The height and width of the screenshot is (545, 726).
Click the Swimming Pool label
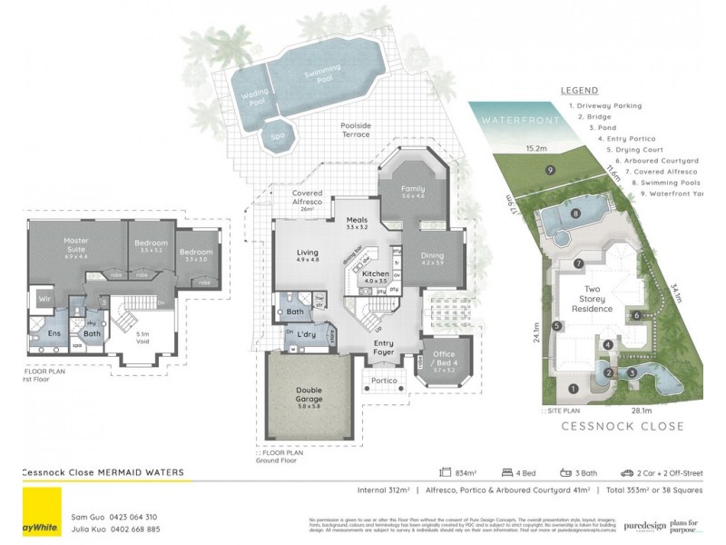[x=321, y=74]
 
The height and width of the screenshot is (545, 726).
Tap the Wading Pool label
[x=251, y=98]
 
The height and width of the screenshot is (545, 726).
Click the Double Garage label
[x=308, y=396]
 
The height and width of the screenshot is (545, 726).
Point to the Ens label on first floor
[x=54, y=334]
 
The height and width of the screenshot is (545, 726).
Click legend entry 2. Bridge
[x=595, y=116]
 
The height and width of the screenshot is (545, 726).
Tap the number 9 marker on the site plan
[x=550, y=170]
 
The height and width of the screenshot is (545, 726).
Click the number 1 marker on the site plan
[x=572, y=389]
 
